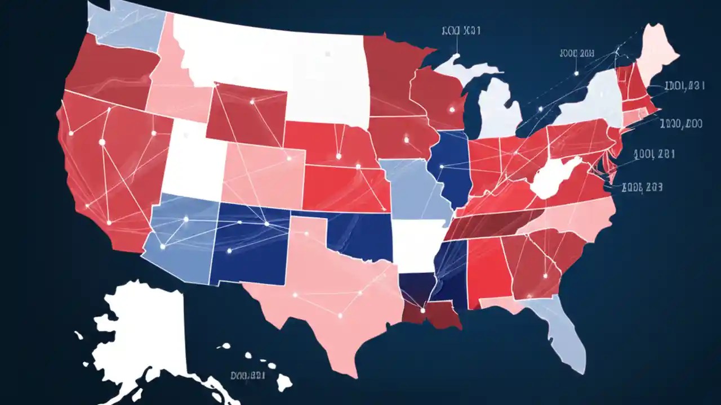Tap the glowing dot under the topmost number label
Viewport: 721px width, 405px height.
point(457,56)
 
